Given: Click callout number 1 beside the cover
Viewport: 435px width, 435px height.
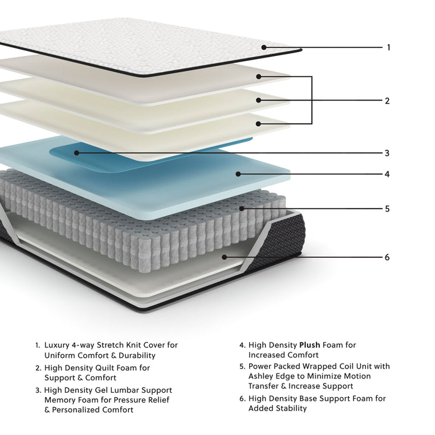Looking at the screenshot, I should coord(388,47).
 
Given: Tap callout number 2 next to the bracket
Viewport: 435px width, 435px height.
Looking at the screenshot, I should coord(387,101).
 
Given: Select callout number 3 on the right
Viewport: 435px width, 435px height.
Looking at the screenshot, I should coord(387,153).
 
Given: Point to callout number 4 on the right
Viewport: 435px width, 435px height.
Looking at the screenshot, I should coord(387,175).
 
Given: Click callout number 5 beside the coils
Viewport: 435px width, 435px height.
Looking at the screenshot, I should coord(387,209).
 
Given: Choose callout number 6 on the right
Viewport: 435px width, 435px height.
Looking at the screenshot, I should coord(387,257).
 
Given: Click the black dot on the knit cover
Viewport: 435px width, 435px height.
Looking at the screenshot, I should coord(264,47).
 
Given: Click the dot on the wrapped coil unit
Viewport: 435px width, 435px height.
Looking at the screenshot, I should coord(243,209).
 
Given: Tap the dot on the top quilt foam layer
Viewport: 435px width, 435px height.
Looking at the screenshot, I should coord(258,76).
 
